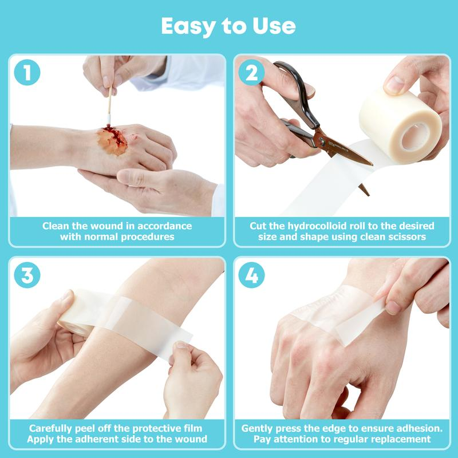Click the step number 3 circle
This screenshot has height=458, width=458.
click(27, 275)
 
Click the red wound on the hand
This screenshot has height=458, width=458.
click(112, 140)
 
